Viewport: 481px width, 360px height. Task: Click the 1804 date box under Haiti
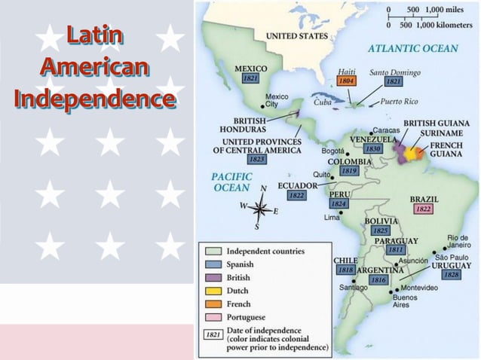tap(347, 81)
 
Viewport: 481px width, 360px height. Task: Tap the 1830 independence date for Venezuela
tap(372, 149)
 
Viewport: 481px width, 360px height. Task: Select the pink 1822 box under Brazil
tap(423, 209)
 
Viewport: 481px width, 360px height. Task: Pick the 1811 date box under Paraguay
tap(396, 250)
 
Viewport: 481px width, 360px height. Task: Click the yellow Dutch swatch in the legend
tap(213, 291)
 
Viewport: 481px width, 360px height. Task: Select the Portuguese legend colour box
tap(213, 317)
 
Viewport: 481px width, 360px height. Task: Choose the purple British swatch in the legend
tap(213, 278)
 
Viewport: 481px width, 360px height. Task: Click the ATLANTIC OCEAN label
tap(412, 48)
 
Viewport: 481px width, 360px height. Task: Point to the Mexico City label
tap(277, 100)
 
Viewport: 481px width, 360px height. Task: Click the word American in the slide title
tap(94, 67)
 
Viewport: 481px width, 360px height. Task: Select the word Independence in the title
tap(94, 99)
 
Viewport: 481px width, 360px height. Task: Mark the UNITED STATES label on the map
tap(296, 35)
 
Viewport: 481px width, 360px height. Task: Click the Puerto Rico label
tap(400, 101)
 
